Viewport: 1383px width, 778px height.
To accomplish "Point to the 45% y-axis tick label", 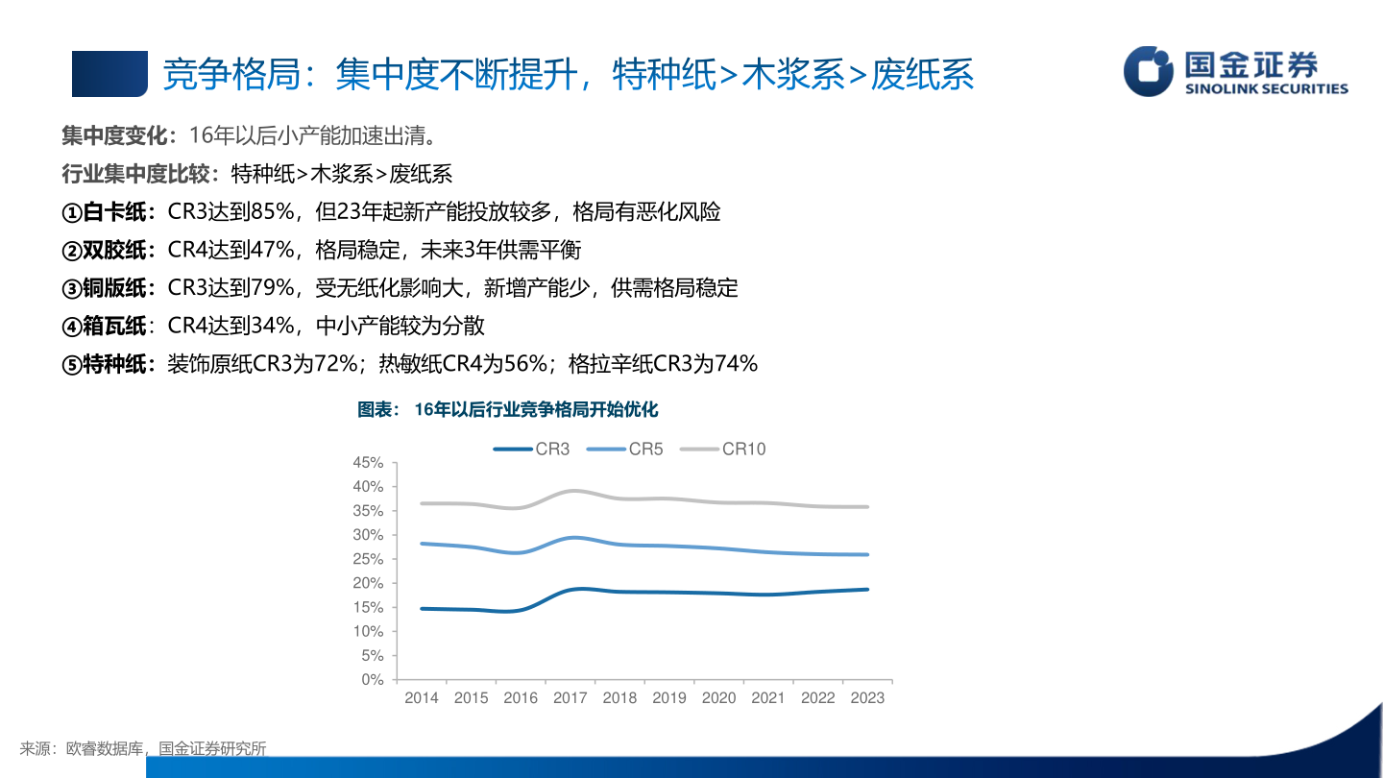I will [368, 462].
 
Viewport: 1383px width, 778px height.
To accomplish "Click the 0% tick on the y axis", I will [373, 679].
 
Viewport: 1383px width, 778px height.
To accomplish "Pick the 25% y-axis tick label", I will [368, 559].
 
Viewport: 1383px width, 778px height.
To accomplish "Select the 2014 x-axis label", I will [422, 698].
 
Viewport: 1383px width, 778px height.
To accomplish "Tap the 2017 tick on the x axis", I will [570, 698].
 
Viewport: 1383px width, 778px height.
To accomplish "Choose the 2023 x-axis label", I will [867, 698].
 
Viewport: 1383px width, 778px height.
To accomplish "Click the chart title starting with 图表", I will [508, 410].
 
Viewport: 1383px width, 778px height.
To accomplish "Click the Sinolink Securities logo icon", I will [1149, 71].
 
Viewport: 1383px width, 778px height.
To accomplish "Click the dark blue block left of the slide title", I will [109, 74].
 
